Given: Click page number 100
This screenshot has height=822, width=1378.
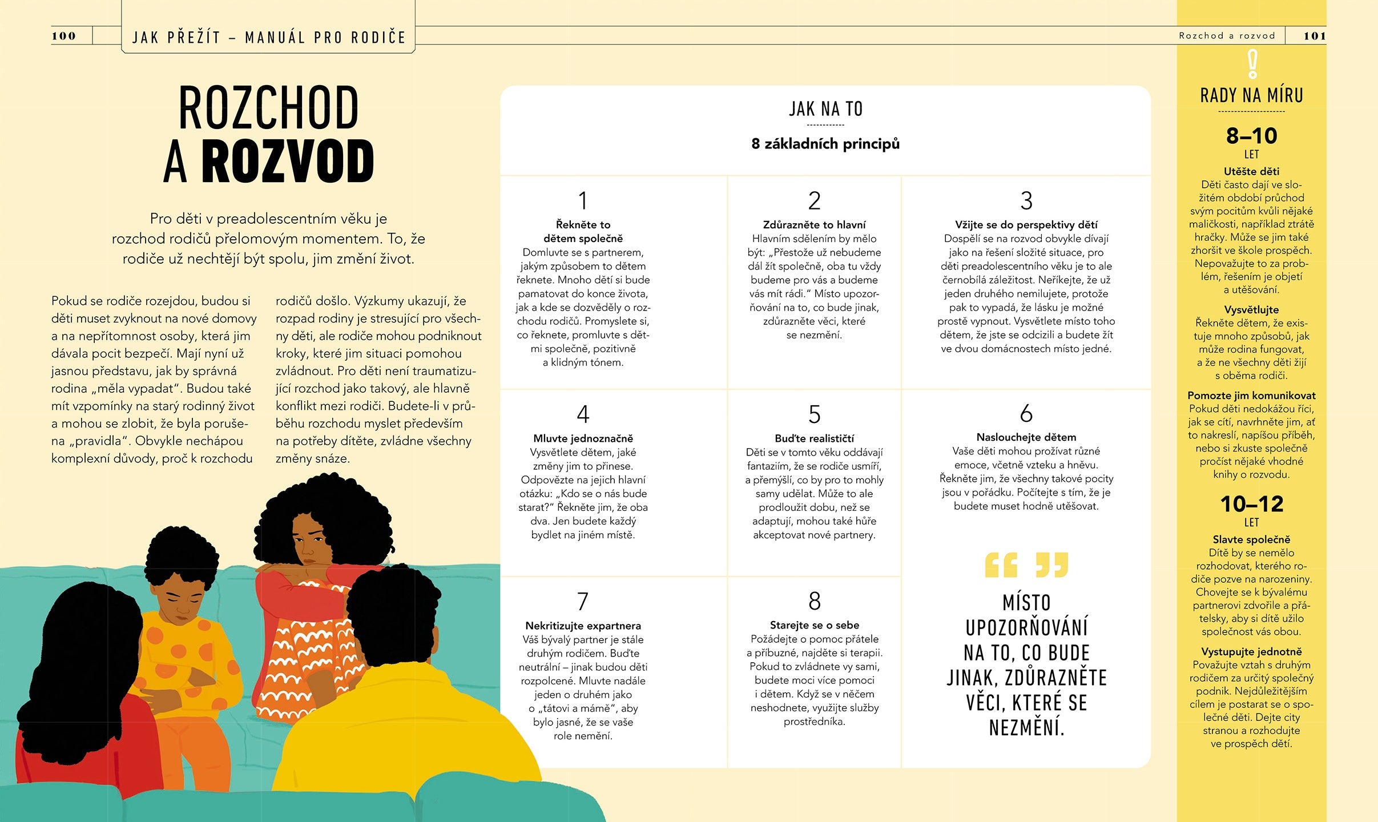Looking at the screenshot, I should point(64,36).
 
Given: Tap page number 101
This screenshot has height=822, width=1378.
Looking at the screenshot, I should point(1314,36).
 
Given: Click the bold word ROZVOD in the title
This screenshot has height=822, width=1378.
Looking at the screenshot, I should point(288,162).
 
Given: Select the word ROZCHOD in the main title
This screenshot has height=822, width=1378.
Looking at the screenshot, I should point(268,108).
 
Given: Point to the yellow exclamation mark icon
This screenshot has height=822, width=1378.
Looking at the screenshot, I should point(1252,64).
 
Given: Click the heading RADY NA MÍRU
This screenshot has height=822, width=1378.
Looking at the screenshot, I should point(1252,95).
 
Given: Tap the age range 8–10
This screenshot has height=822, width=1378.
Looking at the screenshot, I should point(1252,136).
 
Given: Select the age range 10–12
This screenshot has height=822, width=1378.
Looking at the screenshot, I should point(1252,504).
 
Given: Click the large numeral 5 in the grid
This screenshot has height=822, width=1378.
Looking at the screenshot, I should point(815,414).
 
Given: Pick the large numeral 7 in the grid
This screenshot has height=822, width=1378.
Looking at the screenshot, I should point(583,602).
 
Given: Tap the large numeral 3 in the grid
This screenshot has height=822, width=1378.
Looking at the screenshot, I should point(1026,201).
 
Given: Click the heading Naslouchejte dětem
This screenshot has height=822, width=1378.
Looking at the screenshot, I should point(1026,437).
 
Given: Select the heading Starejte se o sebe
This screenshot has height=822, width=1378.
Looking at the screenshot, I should point(815,625).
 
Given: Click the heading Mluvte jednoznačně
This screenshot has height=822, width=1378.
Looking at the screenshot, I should point(583,438).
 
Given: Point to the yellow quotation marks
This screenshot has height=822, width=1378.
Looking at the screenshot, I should point(1026,565).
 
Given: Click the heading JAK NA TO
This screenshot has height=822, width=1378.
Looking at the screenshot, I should point(825,109).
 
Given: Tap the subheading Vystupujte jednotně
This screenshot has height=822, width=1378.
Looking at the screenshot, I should point(1252,652).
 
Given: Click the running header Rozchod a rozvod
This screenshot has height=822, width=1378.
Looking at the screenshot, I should point(1227,36).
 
